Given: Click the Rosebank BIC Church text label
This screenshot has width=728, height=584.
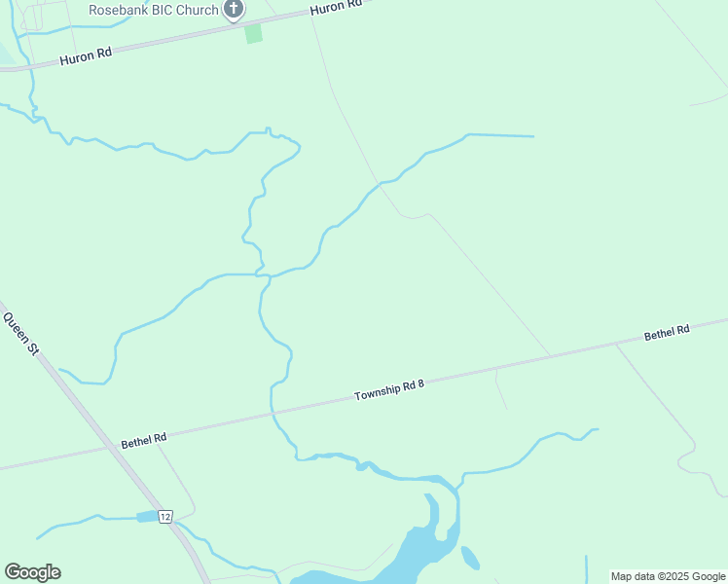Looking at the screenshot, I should pyautogui.click(x=154, y=10).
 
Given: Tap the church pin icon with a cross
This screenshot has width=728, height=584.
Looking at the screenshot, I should pyautogui.click(x=234, y=10).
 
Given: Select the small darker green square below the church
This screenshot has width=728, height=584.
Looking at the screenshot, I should pyautogui.click(x=253, y=34).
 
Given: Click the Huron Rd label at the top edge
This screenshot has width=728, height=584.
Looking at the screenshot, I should pyautogui.click(x=336, y=7).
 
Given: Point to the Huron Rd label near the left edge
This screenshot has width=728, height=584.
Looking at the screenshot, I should pyautogui.click(x=86, y=56).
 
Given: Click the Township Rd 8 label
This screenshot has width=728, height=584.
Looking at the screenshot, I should pyautogui.click(x=389, y=389).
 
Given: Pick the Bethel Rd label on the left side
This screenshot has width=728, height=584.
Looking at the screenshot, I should pyautogui.click(x=144, y=441).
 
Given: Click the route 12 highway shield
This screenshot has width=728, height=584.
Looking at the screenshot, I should pyautogui.click(x=165, y=516).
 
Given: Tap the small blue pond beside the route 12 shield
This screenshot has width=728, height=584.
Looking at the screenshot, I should pyautogui.click(x=146, y=516).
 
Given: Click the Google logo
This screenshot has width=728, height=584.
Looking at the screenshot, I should pyautogui.click(x=32, y=572).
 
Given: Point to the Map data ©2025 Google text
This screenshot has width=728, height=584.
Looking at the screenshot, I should pyautogui.click(x=668, y=576).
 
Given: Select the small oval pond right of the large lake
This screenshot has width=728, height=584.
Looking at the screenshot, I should pyautogui.click(x=470, y=558).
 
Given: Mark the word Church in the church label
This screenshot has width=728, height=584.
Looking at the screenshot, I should pyautogui.click(x=195, y=10).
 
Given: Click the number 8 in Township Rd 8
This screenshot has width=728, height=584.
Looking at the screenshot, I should pyautogui.click(x=420, y=383).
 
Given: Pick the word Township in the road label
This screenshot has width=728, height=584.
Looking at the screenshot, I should pyautogui.click(x=375, y=392).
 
